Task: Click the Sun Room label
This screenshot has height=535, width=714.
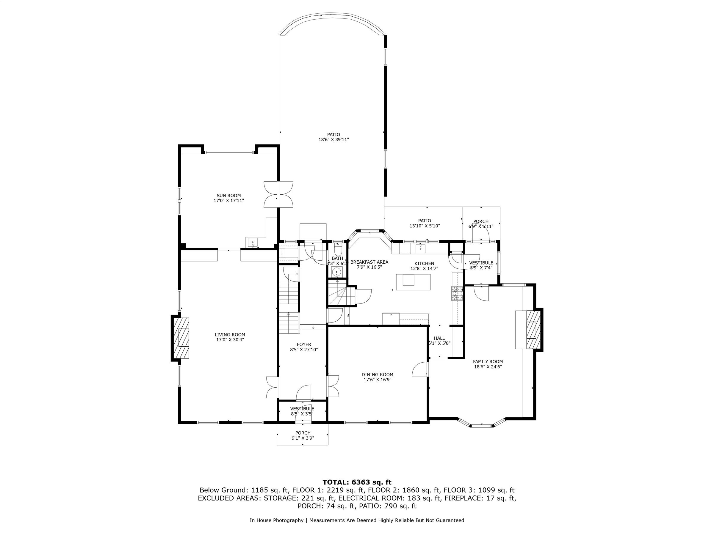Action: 228,196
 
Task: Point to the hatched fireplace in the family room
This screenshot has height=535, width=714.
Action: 533,330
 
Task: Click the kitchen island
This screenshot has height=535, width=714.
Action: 413,282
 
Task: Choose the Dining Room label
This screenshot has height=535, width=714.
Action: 377,375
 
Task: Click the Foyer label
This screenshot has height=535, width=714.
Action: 304,345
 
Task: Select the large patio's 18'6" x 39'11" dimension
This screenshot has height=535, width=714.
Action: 333,140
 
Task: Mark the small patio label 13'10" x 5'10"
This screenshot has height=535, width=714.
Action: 425,226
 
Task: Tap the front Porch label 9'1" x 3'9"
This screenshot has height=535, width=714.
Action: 303,438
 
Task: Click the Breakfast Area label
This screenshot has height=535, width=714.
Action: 369,262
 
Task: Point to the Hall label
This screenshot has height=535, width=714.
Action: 439,338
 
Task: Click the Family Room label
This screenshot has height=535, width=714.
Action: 488,361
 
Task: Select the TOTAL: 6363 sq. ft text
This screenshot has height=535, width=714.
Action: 357,482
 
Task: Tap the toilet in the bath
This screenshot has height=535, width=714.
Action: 338,251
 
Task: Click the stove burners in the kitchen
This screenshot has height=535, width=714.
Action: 457,293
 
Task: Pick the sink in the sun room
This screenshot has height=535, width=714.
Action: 252,242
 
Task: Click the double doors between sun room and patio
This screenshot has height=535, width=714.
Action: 278,194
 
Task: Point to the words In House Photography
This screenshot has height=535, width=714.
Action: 276,520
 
